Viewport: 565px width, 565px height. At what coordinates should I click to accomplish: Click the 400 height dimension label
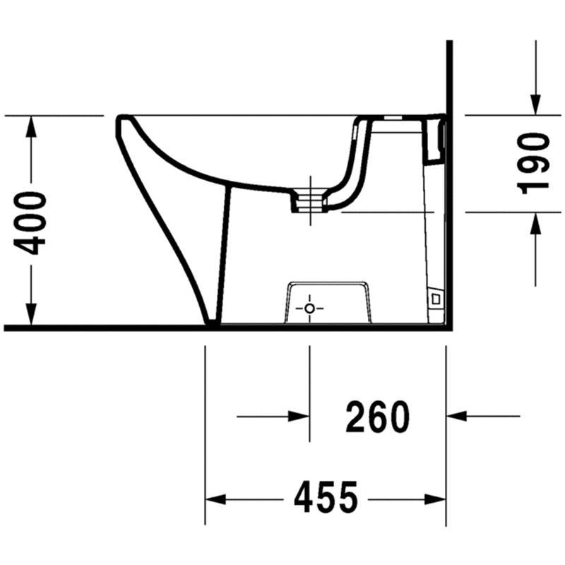(x=30, y=223)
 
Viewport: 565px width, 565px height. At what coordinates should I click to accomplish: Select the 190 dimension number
(x=533, y=164)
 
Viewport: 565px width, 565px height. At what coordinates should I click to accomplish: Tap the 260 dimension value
(x=377, y=417)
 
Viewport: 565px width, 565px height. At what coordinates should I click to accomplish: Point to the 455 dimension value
(x=326, y=497)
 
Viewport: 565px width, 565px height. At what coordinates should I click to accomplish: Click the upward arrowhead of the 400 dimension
(x=31, y=126)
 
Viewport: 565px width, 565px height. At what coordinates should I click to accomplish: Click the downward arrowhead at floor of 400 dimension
(x=31, y=314)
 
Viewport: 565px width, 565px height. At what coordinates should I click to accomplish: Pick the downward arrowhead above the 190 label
(x=535, y=105)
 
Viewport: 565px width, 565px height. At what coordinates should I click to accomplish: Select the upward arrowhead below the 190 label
(x=535, y=223)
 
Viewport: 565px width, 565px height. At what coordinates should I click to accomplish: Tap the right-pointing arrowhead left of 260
(x=299, y=417)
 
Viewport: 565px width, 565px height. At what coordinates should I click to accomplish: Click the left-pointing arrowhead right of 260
(x=457, y=416)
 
